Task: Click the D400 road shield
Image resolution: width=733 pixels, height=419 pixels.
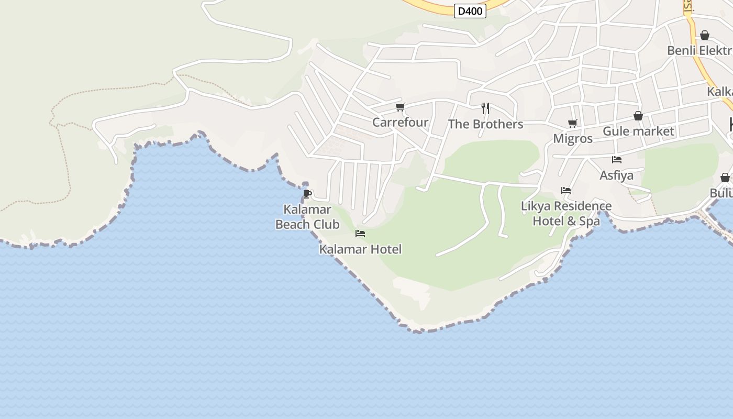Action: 470,11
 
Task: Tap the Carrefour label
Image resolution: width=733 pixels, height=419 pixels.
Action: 400,123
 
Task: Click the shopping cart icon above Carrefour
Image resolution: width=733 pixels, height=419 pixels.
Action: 401,107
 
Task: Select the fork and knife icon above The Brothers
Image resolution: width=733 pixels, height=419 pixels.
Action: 485,108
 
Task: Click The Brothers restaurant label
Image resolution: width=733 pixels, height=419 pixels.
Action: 485,124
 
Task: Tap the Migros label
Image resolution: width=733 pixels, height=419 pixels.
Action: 573,139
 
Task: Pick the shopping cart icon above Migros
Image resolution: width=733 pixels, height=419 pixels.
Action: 573,124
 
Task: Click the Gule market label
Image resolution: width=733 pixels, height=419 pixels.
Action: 638,131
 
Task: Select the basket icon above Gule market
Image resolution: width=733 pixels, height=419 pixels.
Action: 638,116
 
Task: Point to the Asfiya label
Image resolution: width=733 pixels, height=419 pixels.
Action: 616,175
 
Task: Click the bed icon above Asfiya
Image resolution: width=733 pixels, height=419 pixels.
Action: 617,160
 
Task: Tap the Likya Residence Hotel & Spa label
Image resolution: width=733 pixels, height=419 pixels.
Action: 566,213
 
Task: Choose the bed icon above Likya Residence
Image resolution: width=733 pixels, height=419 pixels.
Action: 566,191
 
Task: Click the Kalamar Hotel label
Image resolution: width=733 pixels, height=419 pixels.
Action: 360,249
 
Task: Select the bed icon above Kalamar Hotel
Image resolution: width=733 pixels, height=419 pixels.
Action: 360,234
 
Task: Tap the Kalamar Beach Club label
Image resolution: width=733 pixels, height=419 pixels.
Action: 307,217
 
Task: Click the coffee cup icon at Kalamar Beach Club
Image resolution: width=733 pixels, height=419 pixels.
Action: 307,194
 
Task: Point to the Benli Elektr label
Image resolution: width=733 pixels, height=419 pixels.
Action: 699,51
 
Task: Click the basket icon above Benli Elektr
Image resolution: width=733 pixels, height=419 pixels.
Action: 705,35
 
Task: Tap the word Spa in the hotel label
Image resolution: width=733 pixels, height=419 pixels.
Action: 589,221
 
